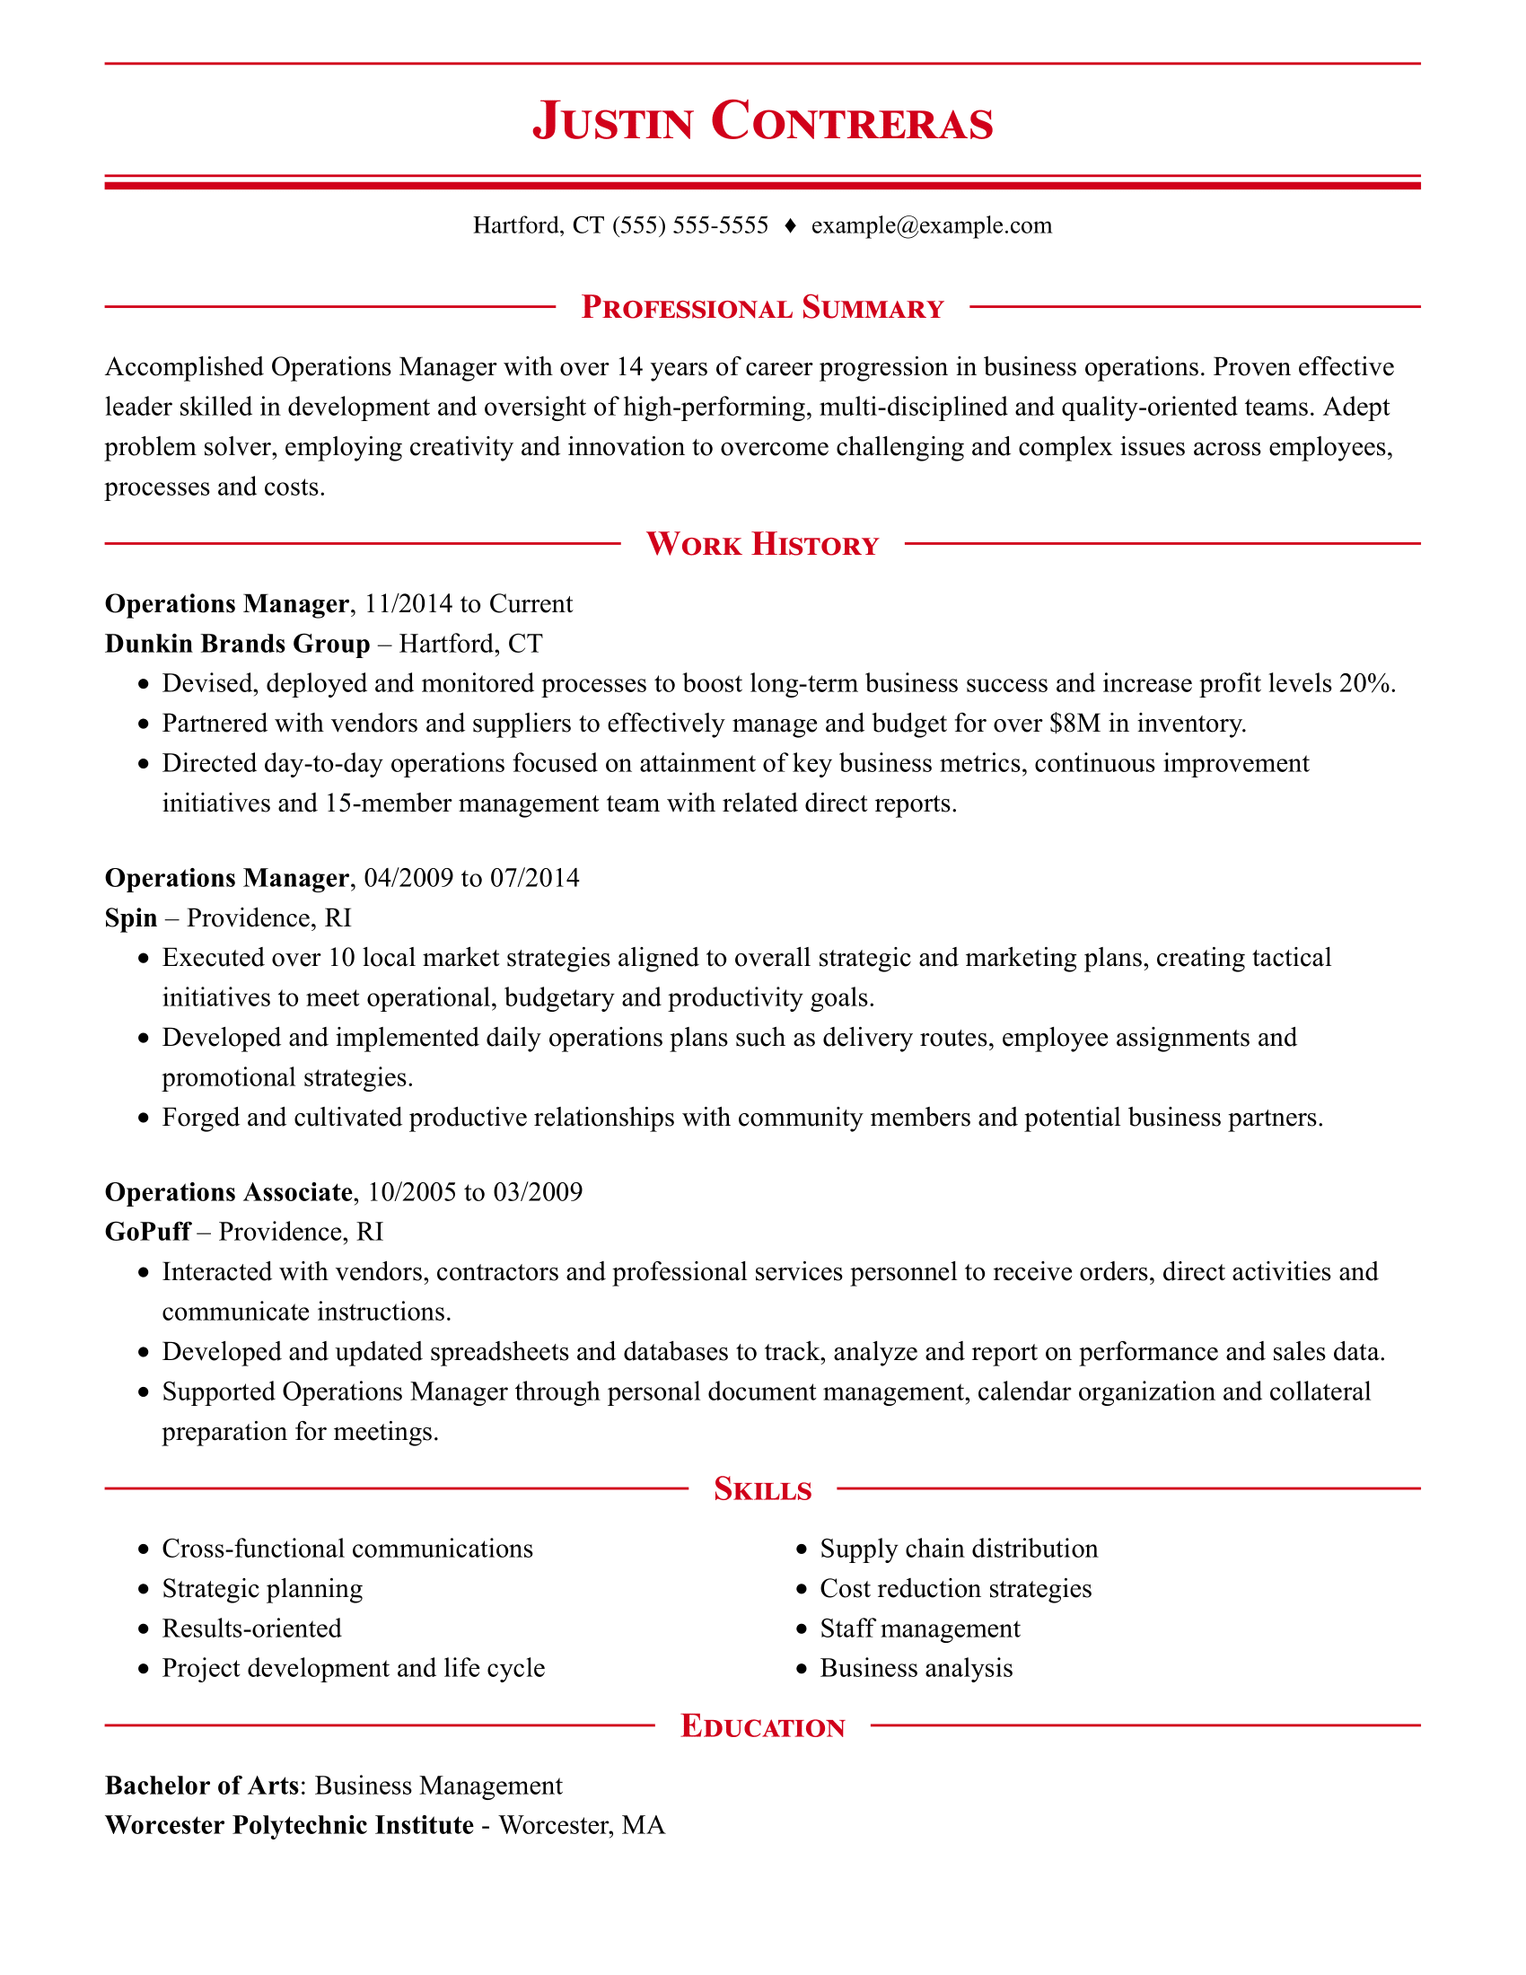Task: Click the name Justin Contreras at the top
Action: [762, 121]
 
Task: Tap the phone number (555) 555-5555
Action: [689, 225]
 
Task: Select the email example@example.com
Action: [931, 225]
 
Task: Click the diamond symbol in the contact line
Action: [790, 226]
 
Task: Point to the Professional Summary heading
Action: [762, 308]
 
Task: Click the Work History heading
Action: [762, 544]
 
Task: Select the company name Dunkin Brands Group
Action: [238, 644]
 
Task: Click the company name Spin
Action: [131, 917]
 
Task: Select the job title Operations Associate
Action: [228, 1192]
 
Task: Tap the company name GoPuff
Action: [147, 1232]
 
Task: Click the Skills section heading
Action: [762, 1489]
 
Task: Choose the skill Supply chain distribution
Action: [959, 1549]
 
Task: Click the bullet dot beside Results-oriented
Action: [143, 1629]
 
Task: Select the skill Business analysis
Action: [916, 1669]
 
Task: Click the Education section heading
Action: [762, 1726]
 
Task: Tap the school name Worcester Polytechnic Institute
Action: [289, 1825]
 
